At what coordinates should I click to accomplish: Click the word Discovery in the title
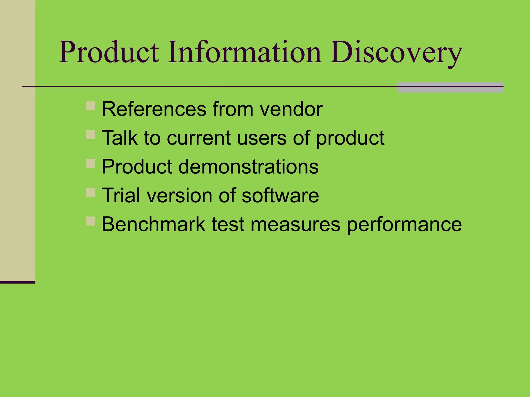pyautogui.click(x=396, y=53)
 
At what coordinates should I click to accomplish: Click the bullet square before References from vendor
pyautogui.click(x=91, y=106)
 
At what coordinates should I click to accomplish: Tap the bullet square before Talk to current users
pyautogui.click(x=91, y=135)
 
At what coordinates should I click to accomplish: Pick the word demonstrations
pyautogui.click(x=248, y=167)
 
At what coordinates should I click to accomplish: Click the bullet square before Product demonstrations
pyautogui.click(x=91, y=163)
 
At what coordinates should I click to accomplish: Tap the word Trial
pyautogui.click(x=121, y=195)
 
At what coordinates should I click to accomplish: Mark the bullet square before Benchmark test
pyautogui.click(x=91, y=221)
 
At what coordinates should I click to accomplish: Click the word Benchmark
pyautogui.click(x=153, y=224)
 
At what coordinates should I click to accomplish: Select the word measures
pyautogui.click(x=295, y=224)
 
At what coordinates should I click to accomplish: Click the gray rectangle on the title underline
pyautogui.click(x=450, y=88)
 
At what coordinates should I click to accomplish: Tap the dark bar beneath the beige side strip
pyautogui.click(x=17, y=282)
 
